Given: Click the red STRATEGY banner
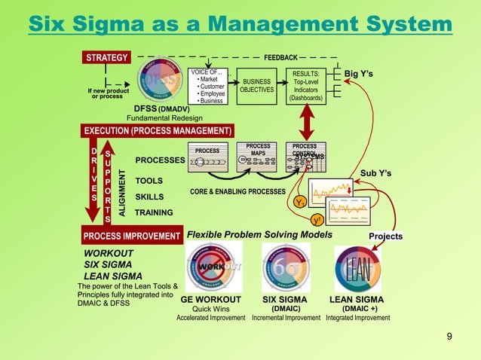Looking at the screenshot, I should coord(106,56).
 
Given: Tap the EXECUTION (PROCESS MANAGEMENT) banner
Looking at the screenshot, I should coord(158,130).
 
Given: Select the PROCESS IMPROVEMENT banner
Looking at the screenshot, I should coord(130,236).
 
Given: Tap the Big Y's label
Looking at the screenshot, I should coord(359,74).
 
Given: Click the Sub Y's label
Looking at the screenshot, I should coord(375,174).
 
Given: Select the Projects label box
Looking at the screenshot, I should coord(385,236).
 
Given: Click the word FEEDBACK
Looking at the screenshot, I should coord(280,57).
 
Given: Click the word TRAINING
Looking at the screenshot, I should coord(154,213).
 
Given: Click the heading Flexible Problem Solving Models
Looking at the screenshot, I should coord(259,235).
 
